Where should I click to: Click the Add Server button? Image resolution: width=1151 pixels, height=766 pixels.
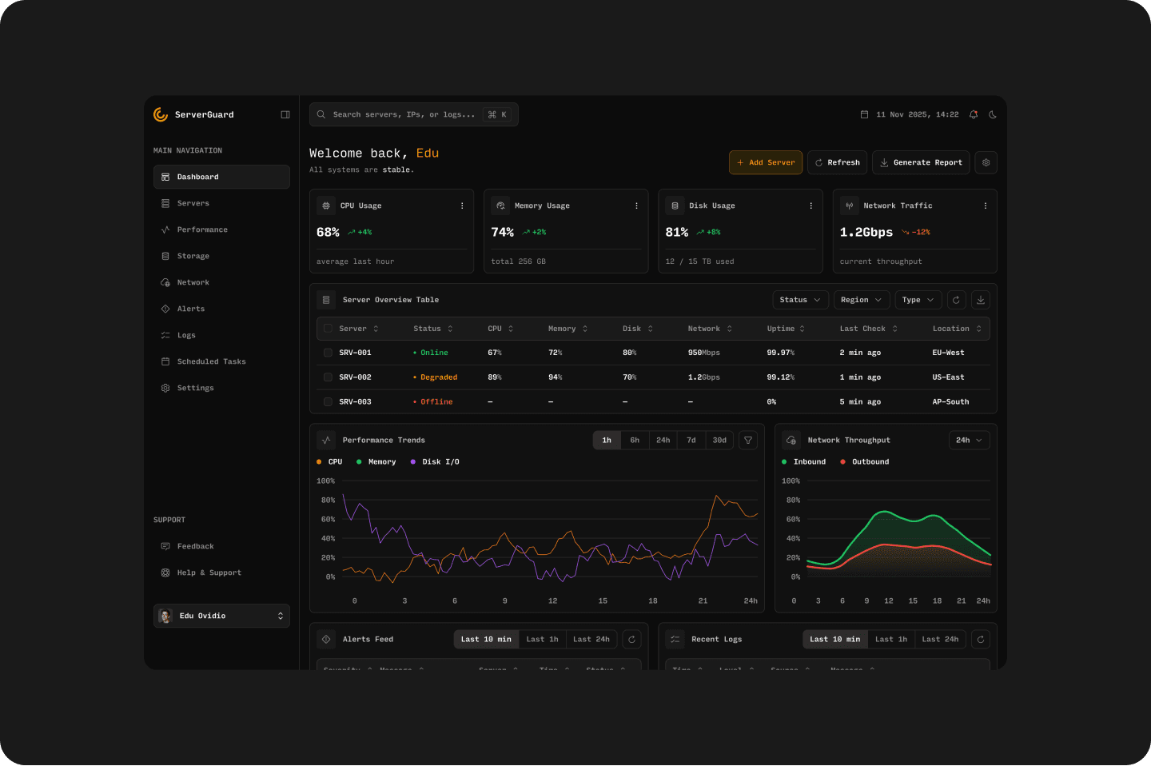coord(765,162)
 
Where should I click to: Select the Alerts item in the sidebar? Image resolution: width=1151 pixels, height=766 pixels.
coord(190,309)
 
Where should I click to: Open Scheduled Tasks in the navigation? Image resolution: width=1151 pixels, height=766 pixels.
coord(211,361)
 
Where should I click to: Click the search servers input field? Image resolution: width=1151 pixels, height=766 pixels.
coord(404,114)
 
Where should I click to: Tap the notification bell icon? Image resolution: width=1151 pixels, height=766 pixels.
coord(973,114)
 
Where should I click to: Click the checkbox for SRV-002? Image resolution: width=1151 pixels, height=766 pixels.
coord(328,377)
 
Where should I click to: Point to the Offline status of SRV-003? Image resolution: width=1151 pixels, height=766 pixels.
coord(436,402)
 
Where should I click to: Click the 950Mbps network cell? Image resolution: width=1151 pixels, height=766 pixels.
coord(703,353)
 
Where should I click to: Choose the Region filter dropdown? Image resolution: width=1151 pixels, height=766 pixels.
coord(860,300)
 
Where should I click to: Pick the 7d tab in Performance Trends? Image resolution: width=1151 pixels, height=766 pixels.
coord(691,440)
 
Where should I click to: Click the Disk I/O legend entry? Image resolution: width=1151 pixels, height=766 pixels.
coord(440,462)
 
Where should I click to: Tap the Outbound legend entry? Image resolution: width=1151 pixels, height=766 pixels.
coord(870,462)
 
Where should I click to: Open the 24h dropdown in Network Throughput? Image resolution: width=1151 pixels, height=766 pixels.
coord(969,440)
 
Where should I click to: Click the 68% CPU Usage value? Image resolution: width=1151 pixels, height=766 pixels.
coord(328,232)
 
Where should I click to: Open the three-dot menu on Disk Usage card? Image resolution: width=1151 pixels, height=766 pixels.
coord(810,205)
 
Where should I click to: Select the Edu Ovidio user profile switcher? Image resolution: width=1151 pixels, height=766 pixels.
coord(221,616)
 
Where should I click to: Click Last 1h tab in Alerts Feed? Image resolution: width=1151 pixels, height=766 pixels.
coord(542,639)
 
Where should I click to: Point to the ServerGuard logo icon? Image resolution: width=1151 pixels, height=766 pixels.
coord(161,114)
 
